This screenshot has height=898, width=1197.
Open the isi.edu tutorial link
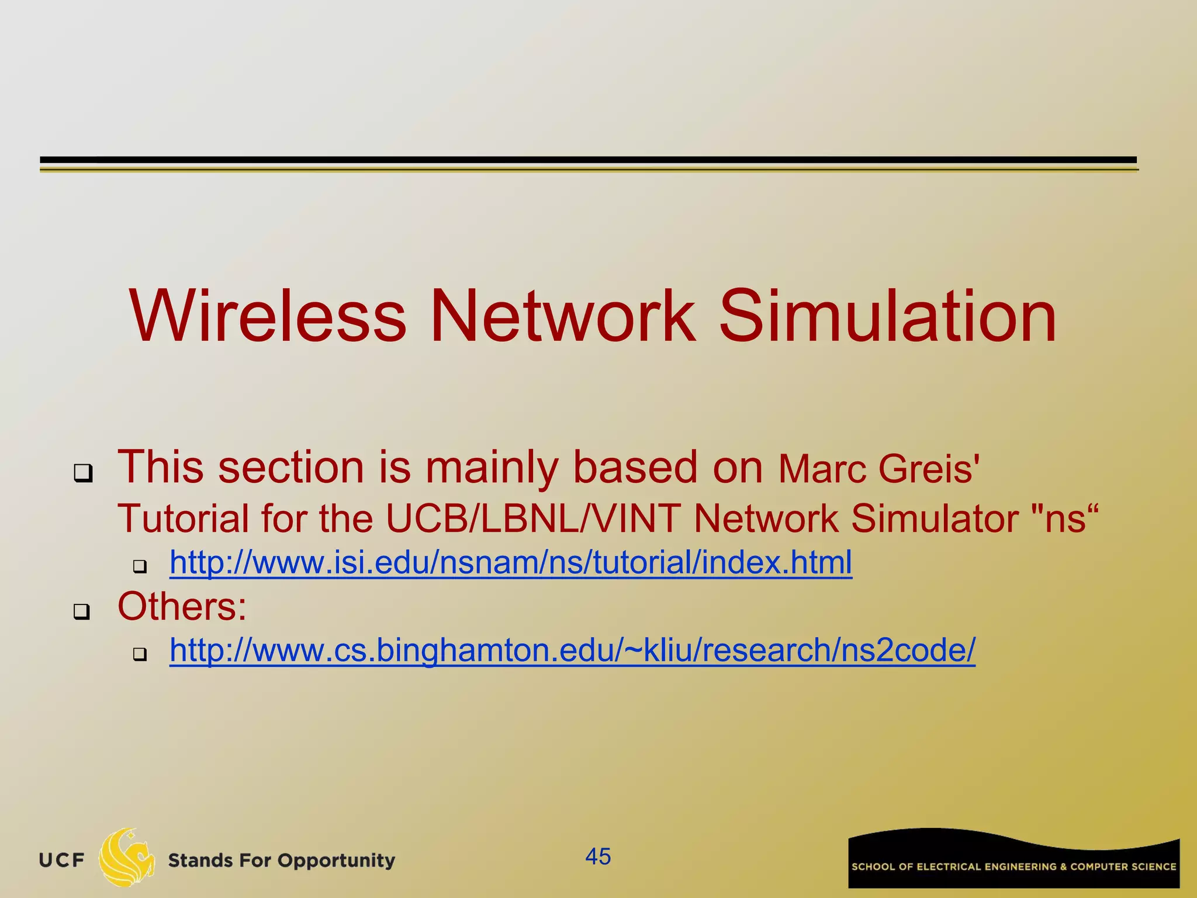tap(510, 563)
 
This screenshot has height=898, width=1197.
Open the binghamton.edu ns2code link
tap(572, 650)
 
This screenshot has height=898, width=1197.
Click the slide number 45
tap(598, 856)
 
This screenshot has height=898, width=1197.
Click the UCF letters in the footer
tap(61, 861)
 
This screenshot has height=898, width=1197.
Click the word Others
tap(182, 606)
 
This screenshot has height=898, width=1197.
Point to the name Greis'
tap(929, 469)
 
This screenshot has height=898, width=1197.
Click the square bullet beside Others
tap(82, 612)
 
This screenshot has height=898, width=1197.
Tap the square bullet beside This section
tap(83, 473)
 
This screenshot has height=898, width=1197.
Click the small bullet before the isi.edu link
tap(140, 566)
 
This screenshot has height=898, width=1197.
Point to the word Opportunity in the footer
tap(336, 861)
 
